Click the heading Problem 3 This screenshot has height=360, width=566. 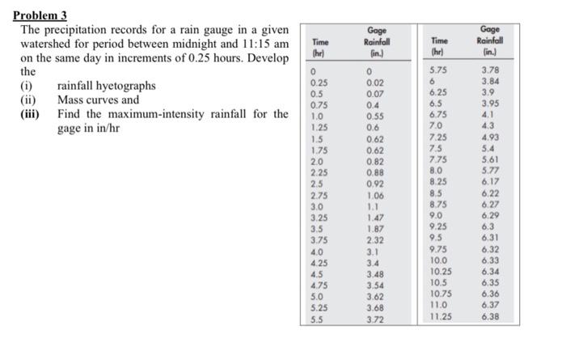(44, 16)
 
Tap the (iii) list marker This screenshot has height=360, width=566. (31, 114)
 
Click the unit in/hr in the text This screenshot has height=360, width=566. (107, 129)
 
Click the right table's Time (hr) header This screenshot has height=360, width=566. (439, 45)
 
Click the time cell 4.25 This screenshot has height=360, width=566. (320, 262)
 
